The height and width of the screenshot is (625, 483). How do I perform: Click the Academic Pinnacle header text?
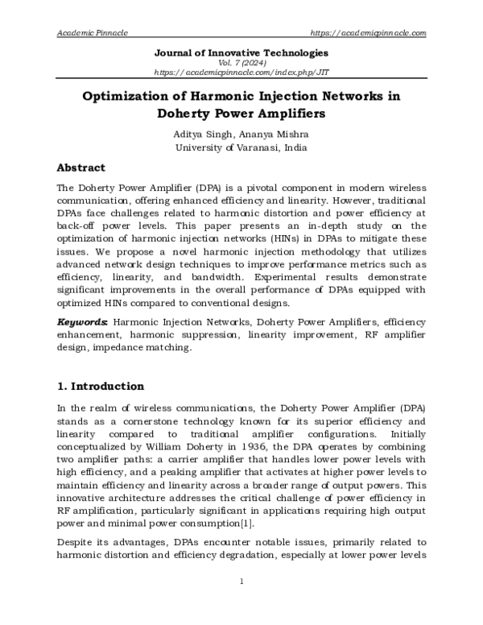click(93, 32)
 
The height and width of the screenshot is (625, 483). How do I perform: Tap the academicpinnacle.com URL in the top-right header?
click(368, 32)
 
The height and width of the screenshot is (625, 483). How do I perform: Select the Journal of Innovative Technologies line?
click(242, 53)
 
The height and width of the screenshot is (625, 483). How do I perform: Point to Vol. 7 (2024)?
click(242, 63)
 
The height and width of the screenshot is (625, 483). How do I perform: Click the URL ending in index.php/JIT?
click(242, 72)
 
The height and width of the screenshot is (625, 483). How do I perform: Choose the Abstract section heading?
click(80, 168)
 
